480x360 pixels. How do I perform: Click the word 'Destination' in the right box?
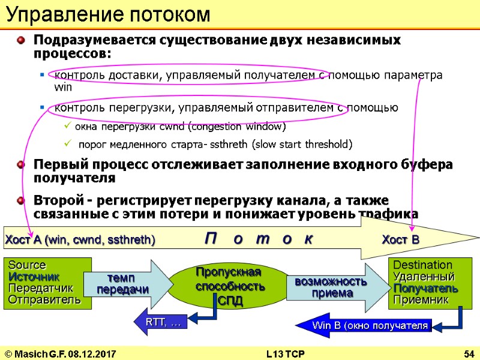point(422,265)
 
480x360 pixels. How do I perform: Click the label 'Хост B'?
point(401,240)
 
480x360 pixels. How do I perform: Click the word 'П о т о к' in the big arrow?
point(259,238)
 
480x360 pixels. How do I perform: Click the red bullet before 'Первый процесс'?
point(22,164)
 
